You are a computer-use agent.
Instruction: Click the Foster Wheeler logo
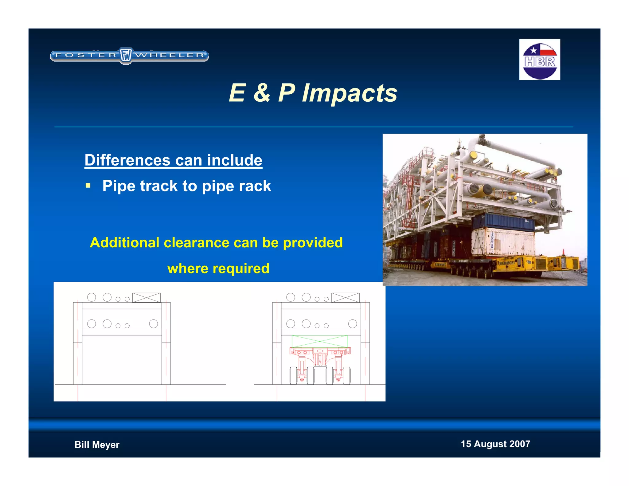coord(129,56)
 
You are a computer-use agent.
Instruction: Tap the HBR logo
coord(540,60)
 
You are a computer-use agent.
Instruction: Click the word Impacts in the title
coord(350,93)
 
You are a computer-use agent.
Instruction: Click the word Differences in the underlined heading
coord(127,160)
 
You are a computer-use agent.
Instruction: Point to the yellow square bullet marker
coord(88,186)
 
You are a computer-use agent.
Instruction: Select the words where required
coord(218,268)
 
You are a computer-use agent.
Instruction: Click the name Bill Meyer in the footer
coord(97,445)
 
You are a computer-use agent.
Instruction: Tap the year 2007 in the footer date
coord(519,444)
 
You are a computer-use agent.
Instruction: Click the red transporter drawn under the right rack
coord(320,366)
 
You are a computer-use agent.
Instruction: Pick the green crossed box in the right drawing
coord(319,341)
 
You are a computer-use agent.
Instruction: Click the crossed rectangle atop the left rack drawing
coord(146,297)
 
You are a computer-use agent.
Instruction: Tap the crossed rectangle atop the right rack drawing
coord(345,297)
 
